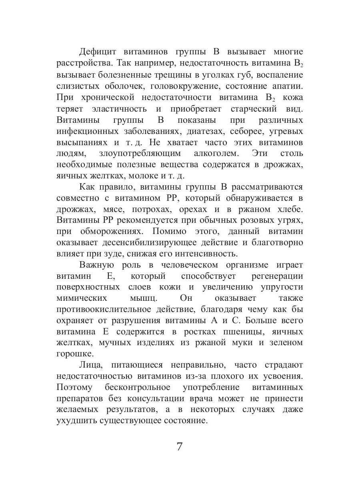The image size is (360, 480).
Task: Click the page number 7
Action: pos(180,446)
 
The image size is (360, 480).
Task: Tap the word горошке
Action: pos(74,354)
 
